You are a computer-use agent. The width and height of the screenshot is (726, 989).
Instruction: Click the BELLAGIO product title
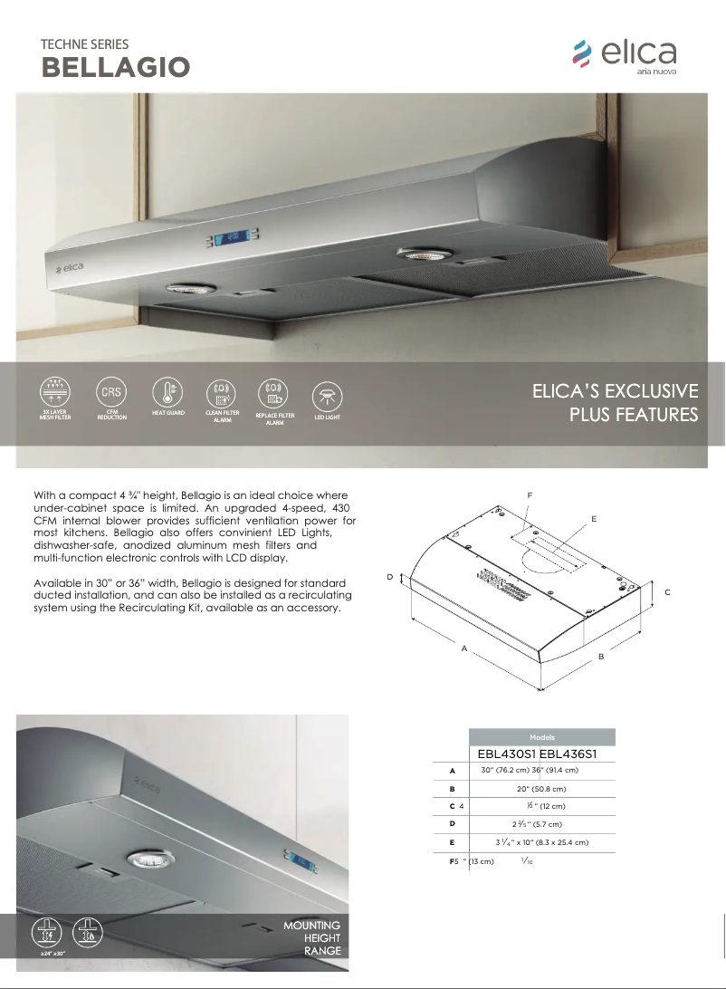coord(116,67)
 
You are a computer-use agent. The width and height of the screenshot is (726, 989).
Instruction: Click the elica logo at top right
coord(625,55)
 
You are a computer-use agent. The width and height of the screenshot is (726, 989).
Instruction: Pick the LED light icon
coord(326,396)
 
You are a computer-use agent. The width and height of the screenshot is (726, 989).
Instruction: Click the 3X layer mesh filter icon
coord(55,392)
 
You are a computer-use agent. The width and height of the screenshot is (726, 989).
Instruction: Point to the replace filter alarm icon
coord(274,392)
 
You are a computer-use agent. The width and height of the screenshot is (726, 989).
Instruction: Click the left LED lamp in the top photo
coord(191,289)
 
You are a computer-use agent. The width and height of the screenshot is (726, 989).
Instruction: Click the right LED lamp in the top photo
coord(418,256)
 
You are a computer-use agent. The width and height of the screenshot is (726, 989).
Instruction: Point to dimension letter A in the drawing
coord(463,648)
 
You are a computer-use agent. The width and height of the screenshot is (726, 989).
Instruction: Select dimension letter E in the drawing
coord(594,518)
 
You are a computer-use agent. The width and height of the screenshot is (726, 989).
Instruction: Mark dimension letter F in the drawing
coord(530,494)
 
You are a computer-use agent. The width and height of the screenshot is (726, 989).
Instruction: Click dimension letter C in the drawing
coord(667,591)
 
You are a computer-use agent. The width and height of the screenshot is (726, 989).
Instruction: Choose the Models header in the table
coord(542,737)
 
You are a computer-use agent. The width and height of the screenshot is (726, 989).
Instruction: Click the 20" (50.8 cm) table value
coord(541,789)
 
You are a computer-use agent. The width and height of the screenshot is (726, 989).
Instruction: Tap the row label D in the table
coord(452,824)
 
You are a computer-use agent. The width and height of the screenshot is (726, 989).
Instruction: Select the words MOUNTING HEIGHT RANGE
coord(311,938)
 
